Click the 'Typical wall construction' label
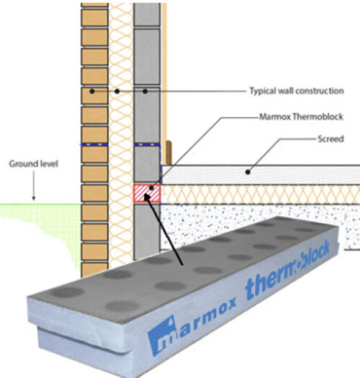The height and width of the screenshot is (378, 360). (297, 91)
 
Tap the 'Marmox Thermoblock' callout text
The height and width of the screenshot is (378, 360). (301, 117)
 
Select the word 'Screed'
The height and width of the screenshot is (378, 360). (330, 139)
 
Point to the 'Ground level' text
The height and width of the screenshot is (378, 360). (34, 164)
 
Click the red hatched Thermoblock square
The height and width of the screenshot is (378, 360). (147, 194)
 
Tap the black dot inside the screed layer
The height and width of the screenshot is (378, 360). (248, 172)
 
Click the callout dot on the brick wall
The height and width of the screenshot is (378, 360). (92, 91)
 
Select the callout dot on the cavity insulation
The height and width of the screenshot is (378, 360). (117, 91)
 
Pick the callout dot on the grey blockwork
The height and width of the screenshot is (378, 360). (145, 91)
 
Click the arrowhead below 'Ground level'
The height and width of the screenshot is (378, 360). (34, 198)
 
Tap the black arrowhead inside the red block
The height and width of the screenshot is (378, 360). (147, 197)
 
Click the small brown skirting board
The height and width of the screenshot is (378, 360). (168, 153)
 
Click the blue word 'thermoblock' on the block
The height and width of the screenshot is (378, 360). (287, 270)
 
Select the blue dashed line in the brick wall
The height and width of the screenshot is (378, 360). (94, 145)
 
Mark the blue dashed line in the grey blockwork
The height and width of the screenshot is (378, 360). (147, 145)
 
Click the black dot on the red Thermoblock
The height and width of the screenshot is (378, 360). (151, 188)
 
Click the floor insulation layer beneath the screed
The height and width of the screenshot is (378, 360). (261, 194)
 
